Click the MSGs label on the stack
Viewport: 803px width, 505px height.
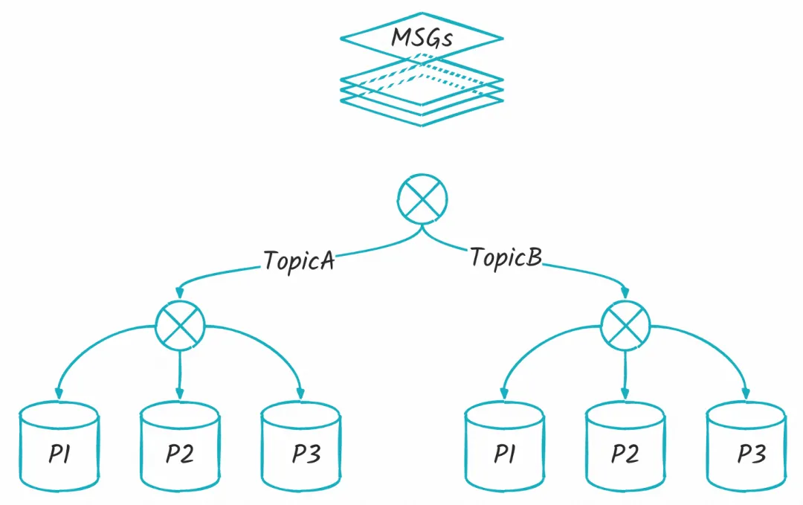(x=422, y=38)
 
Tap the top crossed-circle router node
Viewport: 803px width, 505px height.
(x=422, y=199)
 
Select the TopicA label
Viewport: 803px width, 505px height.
(x=299, y=261)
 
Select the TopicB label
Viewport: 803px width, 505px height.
(x=506, y=257)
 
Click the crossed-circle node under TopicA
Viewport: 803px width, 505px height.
(x=180, y=326)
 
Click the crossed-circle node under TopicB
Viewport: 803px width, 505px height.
(x=625, y=326)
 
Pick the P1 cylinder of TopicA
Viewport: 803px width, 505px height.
(x=59, y=446)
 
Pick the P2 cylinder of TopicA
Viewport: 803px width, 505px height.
(x=180, y=446)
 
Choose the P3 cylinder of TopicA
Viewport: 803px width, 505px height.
(x=300, y=446)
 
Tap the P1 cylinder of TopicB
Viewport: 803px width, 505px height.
(x=504, y=446)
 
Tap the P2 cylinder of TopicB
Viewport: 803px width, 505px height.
(x=625, y=446)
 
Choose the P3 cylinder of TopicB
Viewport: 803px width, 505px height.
(x=746, y=446)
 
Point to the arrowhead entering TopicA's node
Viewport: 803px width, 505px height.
(x=179, y=292)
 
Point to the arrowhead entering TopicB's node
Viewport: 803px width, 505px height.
(x=625, y=292)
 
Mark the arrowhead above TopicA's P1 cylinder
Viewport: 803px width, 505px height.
(x=59, y=393)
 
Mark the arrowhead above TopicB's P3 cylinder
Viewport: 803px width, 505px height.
(x=746, y=393)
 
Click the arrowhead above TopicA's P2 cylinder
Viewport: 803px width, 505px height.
(x=179, y=393)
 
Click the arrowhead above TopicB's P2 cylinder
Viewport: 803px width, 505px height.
(x=625, y=393)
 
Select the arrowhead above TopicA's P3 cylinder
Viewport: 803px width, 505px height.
(x=300, y=393)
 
